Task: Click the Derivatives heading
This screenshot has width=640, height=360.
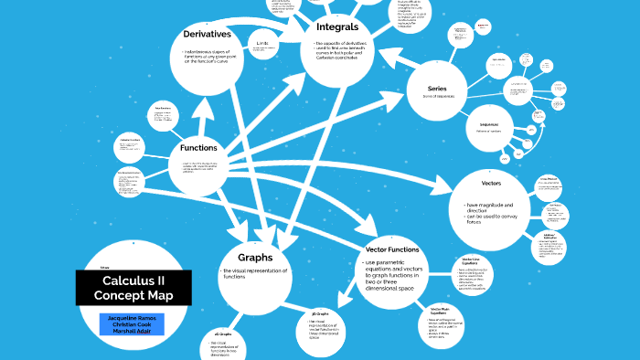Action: tap(207, 35)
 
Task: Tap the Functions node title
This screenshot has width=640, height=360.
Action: tap(198, 148)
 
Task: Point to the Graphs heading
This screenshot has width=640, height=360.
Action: tap(256, 257)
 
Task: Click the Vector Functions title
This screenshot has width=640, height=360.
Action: tap(392, 249)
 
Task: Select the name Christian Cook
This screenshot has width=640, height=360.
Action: tap(133, 324)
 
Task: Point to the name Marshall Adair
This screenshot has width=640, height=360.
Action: tap(133, 332)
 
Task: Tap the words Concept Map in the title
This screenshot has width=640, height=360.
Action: tap(133, 296)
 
